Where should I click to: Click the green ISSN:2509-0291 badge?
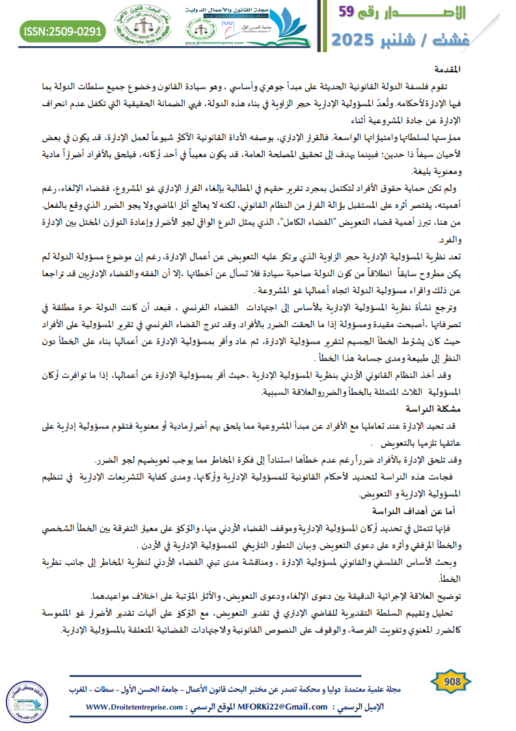coord(62,31)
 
